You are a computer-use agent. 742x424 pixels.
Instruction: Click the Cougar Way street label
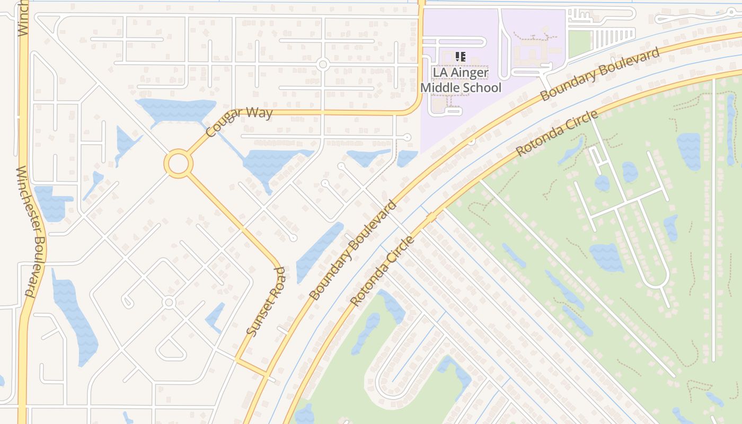pos(239,122)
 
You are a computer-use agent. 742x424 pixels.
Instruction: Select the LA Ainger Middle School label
pos(461,79)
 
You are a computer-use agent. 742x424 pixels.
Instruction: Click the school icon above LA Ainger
pos(460,56)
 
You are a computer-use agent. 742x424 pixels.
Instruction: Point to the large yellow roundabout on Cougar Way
pos(178,164)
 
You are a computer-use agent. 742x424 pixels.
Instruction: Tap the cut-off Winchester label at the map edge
pos(22,18)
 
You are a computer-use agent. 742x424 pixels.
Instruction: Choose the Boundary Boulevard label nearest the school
pos(600,74)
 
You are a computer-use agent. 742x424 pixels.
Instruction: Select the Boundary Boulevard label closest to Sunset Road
pos(354,250)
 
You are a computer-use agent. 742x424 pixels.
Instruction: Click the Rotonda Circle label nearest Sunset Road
pos(383,271)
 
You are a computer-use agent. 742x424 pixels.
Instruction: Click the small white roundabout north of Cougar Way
pos(322,65)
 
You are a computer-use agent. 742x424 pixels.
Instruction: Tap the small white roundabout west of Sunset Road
pos(169,303)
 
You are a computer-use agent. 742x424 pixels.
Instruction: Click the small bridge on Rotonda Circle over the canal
pos(430,217)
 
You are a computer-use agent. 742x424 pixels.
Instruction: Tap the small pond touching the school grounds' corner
pos(407,157)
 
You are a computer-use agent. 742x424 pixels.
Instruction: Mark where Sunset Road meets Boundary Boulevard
pos(267,374)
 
